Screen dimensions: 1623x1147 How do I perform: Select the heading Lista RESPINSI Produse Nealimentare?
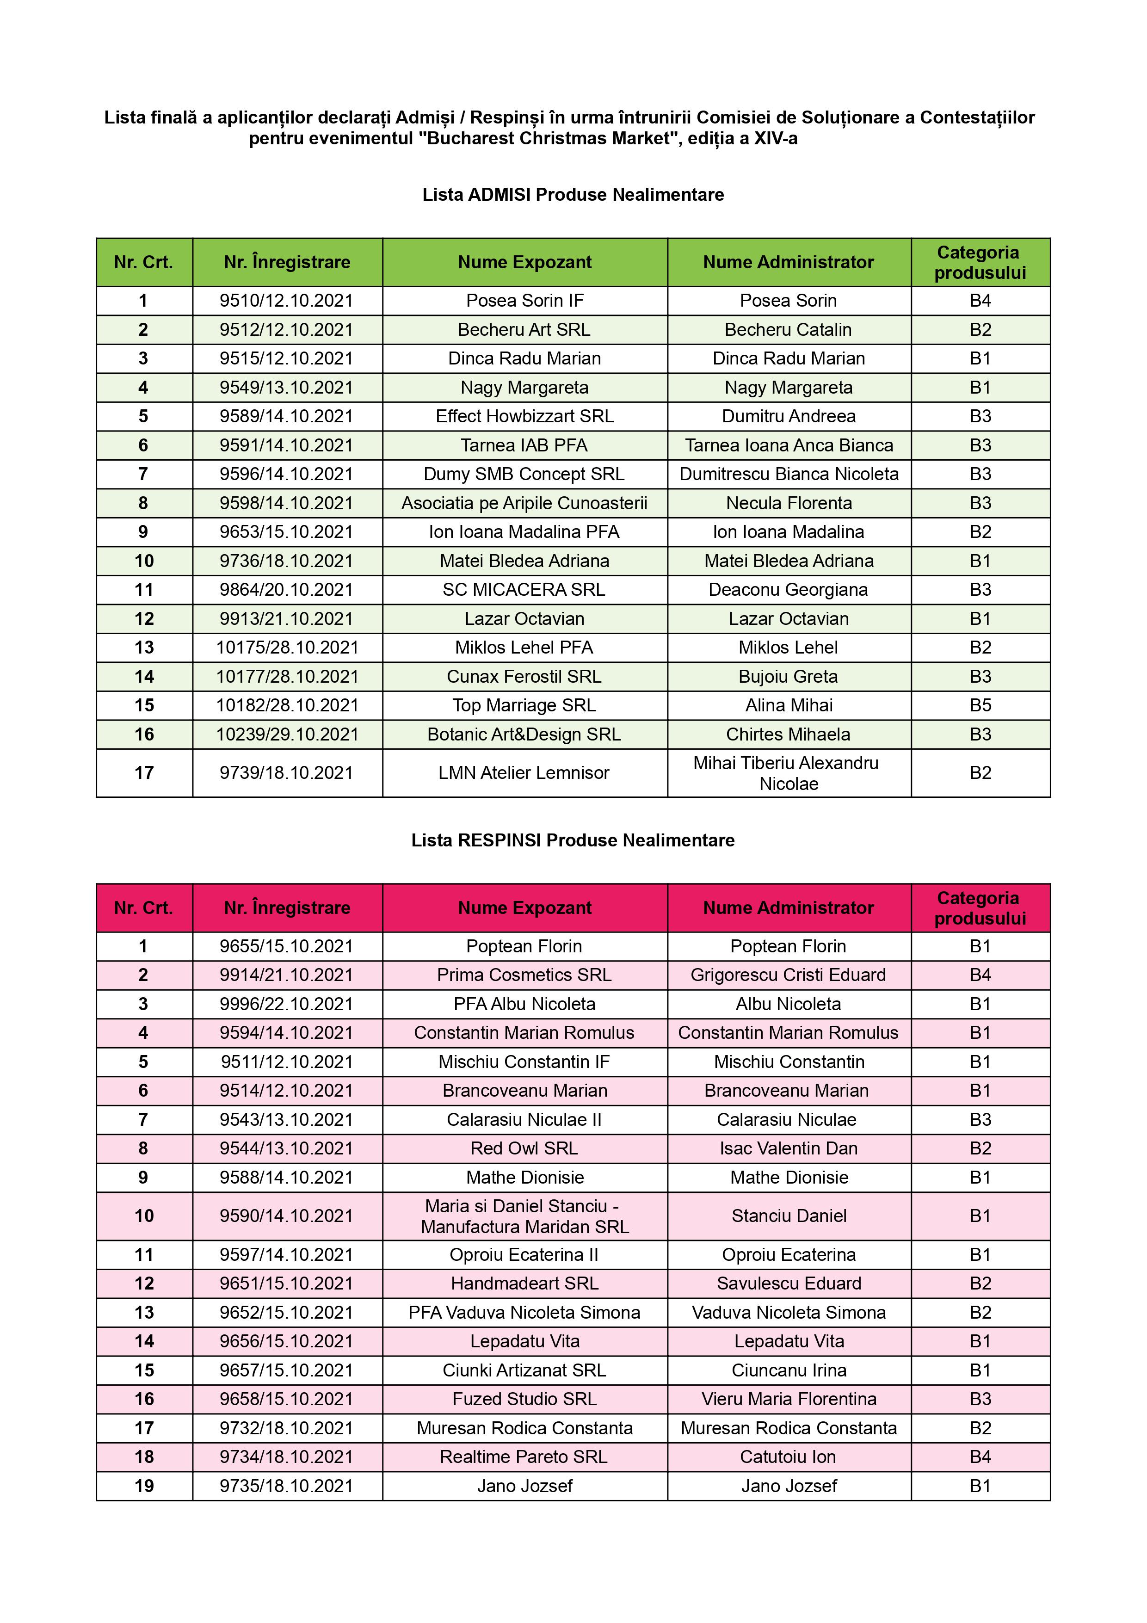point(573,840)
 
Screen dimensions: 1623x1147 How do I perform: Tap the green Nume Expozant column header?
point(524,262)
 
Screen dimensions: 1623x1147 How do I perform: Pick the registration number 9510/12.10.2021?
point(286,301)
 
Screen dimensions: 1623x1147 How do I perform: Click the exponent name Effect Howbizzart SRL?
point(524,416)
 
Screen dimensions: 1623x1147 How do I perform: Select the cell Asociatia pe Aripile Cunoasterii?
point(524,503)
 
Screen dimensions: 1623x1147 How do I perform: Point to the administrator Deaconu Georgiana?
point(788,590)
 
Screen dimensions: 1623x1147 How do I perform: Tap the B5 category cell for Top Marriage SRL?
point(980,705)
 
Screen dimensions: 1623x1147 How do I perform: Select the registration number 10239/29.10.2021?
point(287,734)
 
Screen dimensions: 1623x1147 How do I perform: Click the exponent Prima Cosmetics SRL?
point(524,975)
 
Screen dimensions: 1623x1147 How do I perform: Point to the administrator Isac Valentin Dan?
point(788,1149)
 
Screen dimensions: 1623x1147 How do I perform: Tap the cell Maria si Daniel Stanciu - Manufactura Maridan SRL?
point(524,1216)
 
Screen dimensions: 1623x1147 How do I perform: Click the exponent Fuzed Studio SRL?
point(524,1399)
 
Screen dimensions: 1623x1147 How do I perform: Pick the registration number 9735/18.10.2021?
point(286,1486)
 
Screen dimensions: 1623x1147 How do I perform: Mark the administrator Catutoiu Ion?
point(788,1457)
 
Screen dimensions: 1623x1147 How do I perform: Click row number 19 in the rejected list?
point(144,1486)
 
